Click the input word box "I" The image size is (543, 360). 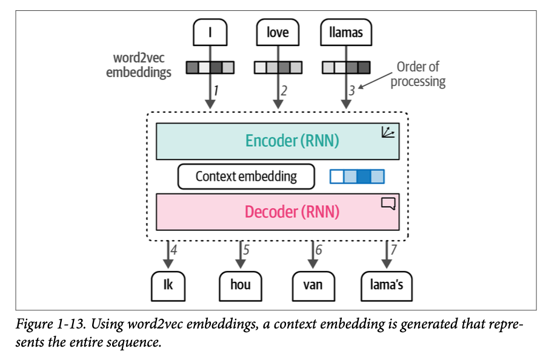[x=210, y=33]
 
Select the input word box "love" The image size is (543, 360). [x=278, y=33]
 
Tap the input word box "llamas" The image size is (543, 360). [x=345, y=33]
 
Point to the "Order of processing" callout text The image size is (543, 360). [x=418, y=74]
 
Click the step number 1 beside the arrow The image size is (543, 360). [x=216, y=92]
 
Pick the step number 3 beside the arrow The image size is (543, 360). [x=351, y=92]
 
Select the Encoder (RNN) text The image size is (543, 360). [x=291, y=141]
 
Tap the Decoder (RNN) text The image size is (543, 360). [x=291, y=212]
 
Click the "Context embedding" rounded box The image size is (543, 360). [x=246, y=176]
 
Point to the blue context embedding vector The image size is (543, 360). [x=357, y=176]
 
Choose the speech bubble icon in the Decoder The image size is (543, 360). [x=388, y=204]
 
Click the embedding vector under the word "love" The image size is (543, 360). [x=278, y=67]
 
